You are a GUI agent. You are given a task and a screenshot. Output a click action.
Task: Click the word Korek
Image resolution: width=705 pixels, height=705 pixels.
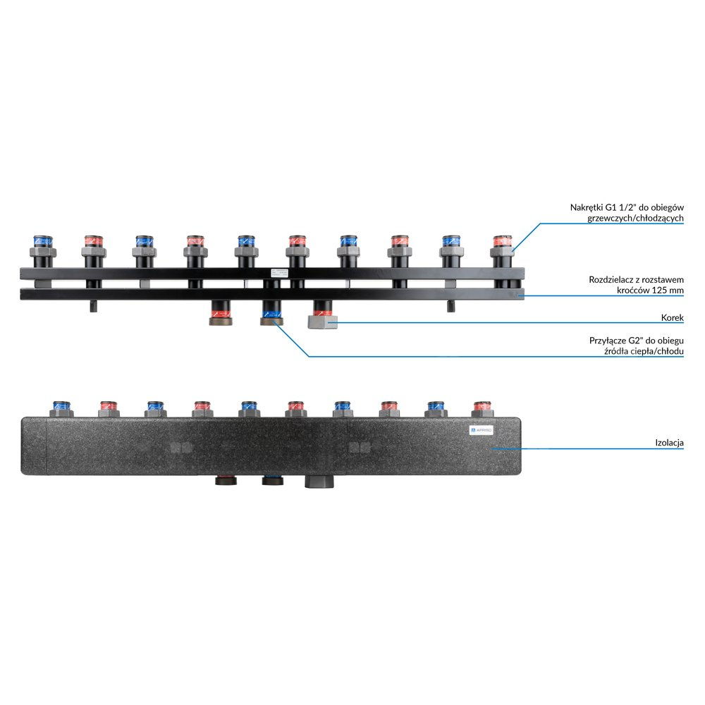pyautogui.click(x=673, y=318)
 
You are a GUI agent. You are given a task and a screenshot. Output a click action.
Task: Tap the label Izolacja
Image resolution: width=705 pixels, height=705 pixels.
pyautogui.click(x=668, y=443)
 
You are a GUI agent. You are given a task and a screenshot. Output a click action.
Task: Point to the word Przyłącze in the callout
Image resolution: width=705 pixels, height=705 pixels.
pyautogui.click(x=607, y=340)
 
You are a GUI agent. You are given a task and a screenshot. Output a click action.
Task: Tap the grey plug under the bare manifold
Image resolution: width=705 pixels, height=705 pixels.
pyautogui.click(x=323, y=322)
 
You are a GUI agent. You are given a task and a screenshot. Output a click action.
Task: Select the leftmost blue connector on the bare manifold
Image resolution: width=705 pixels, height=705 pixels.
pyautogui.click(x=43, y=247)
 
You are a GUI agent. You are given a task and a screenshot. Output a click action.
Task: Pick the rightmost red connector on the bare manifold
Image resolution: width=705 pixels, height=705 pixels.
pyautogui.click(x=501, y=247)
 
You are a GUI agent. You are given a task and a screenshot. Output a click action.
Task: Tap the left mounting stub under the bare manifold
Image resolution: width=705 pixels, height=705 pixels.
pyautogui.click(x=94, y=306)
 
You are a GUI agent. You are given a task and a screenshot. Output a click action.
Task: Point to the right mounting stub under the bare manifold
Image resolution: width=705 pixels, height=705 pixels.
pyautogui.click(x=452, y=306)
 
